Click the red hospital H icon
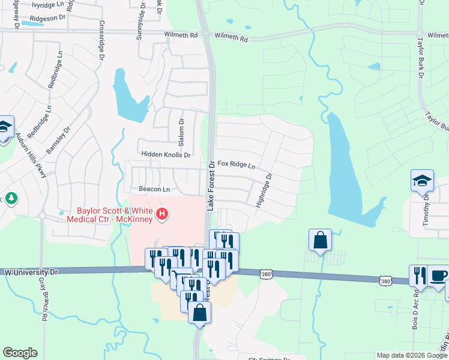161,214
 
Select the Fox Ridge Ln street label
237,164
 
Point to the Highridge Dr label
264,191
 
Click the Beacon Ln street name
151,188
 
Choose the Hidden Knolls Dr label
166,155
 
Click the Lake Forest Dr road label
211,185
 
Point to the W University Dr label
31,272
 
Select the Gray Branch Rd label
43,293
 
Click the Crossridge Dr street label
101,42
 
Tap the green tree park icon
10,198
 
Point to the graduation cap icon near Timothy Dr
422,180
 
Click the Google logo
20,353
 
